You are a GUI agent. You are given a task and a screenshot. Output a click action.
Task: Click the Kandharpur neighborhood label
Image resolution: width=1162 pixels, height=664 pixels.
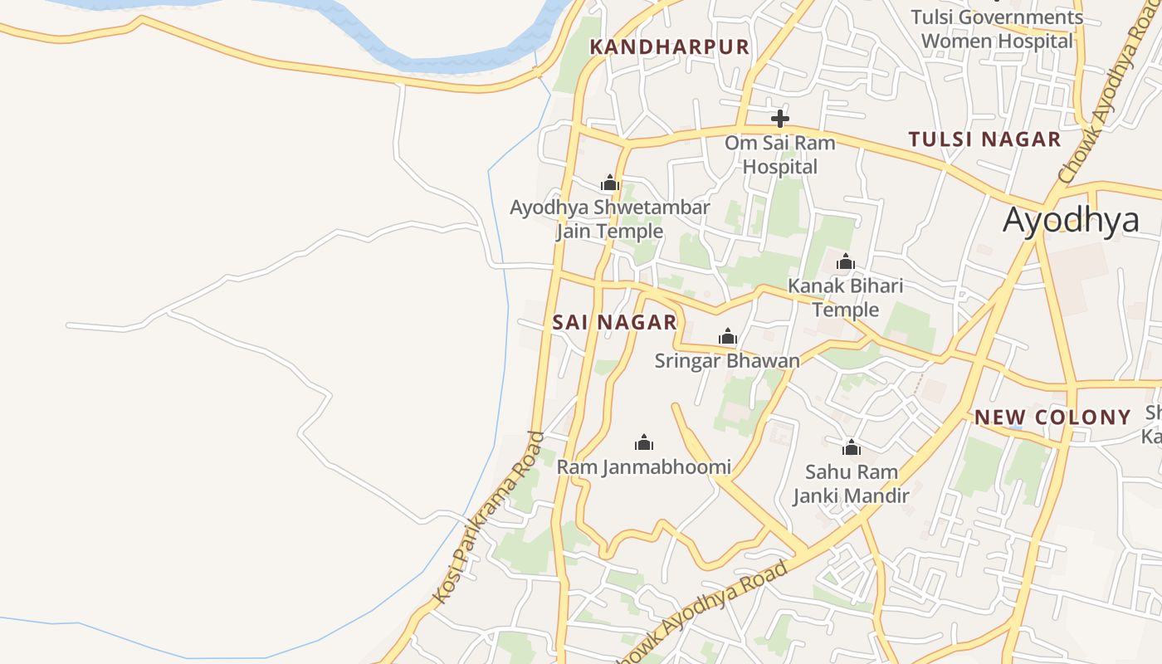(669, 46)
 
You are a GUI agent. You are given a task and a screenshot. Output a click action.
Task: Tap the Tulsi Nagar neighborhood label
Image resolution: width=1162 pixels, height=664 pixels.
(984, 139)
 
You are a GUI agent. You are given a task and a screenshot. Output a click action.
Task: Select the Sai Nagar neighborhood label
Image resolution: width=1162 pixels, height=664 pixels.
(614, 322)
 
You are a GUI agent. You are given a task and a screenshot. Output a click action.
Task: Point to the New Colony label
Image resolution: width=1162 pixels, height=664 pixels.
(1052, 417)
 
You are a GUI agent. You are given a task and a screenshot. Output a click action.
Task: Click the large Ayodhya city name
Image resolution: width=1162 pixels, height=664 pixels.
(1071, 221)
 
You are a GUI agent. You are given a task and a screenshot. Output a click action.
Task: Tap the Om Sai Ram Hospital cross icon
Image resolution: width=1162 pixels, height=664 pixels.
(779, 118)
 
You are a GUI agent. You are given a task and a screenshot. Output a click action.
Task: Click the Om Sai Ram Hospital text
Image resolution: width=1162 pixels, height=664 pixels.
(779, 154)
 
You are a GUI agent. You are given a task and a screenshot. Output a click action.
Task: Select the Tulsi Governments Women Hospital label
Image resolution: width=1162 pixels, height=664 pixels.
(997, 29)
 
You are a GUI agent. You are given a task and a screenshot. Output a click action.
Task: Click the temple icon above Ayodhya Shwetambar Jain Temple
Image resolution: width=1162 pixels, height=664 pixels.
(610, 183)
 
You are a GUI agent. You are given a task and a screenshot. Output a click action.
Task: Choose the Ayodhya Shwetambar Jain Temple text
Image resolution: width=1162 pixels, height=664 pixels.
(610, 219)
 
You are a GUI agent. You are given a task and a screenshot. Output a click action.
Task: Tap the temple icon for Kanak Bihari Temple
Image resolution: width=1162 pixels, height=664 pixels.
(846, 262)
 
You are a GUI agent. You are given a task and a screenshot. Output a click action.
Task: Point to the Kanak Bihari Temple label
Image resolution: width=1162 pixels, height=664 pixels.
(845, 297)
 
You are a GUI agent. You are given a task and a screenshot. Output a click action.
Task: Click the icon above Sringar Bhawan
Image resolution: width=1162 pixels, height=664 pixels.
(728, 336)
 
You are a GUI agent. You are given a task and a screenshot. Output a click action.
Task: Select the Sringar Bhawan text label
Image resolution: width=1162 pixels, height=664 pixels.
(727, 360)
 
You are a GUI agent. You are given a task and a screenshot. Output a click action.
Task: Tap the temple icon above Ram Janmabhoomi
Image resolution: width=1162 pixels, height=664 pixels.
(644, 442)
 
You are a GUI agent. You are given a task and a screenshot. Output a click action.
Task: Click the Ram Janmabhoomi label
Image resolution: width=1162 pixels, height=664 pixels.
(644, 466)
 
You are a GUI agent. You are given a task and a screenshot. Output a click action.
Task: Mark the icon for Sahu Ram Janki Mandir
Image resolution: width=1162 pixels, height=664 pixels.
(851, 448)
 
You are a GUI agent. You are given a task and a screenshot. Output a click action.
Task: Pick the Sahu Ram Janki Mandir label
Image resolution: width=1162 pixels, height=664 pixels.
(851, 484)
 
